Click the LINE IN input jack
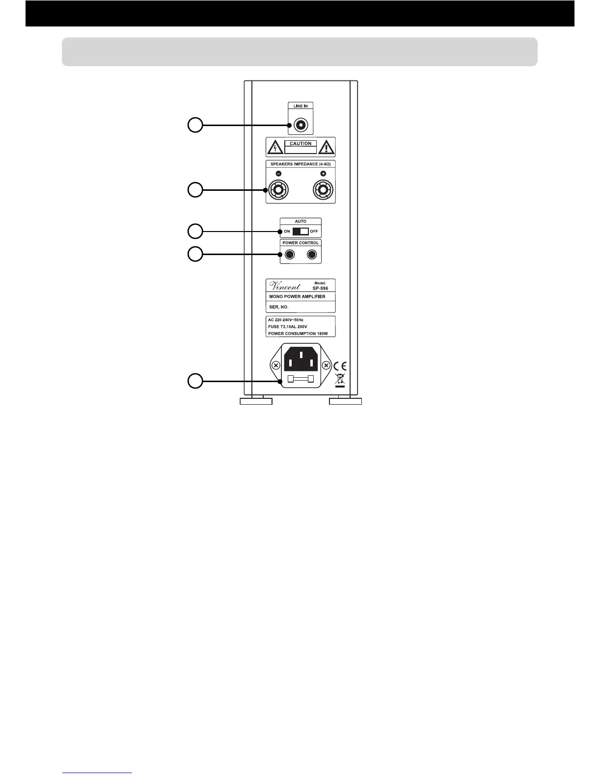(300, 125)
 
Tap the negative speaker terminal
(278, 189)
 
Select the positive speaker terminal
(323, 189)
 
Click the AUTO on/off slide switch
(300, 231)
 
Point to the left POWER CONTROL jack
(290, 254)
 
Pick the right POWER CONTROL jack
(312, 254)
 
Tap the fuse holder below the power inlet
(300, 379)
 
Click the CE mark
(340, 366)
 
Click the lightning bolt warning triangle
(275, 147)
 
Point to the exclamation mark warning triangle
(326, 147)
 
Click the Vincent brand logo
(285, 286)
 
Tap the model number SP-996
(320, 288)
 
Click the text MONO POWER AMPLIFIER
(298, 297)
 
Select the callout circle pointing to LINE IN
(195, 125)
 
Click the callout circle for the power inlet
(195, 381)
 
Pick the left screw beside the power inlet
(276, 365)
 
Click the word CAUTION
(300, 144)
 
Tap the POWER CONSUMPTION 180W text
(298, 334)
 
